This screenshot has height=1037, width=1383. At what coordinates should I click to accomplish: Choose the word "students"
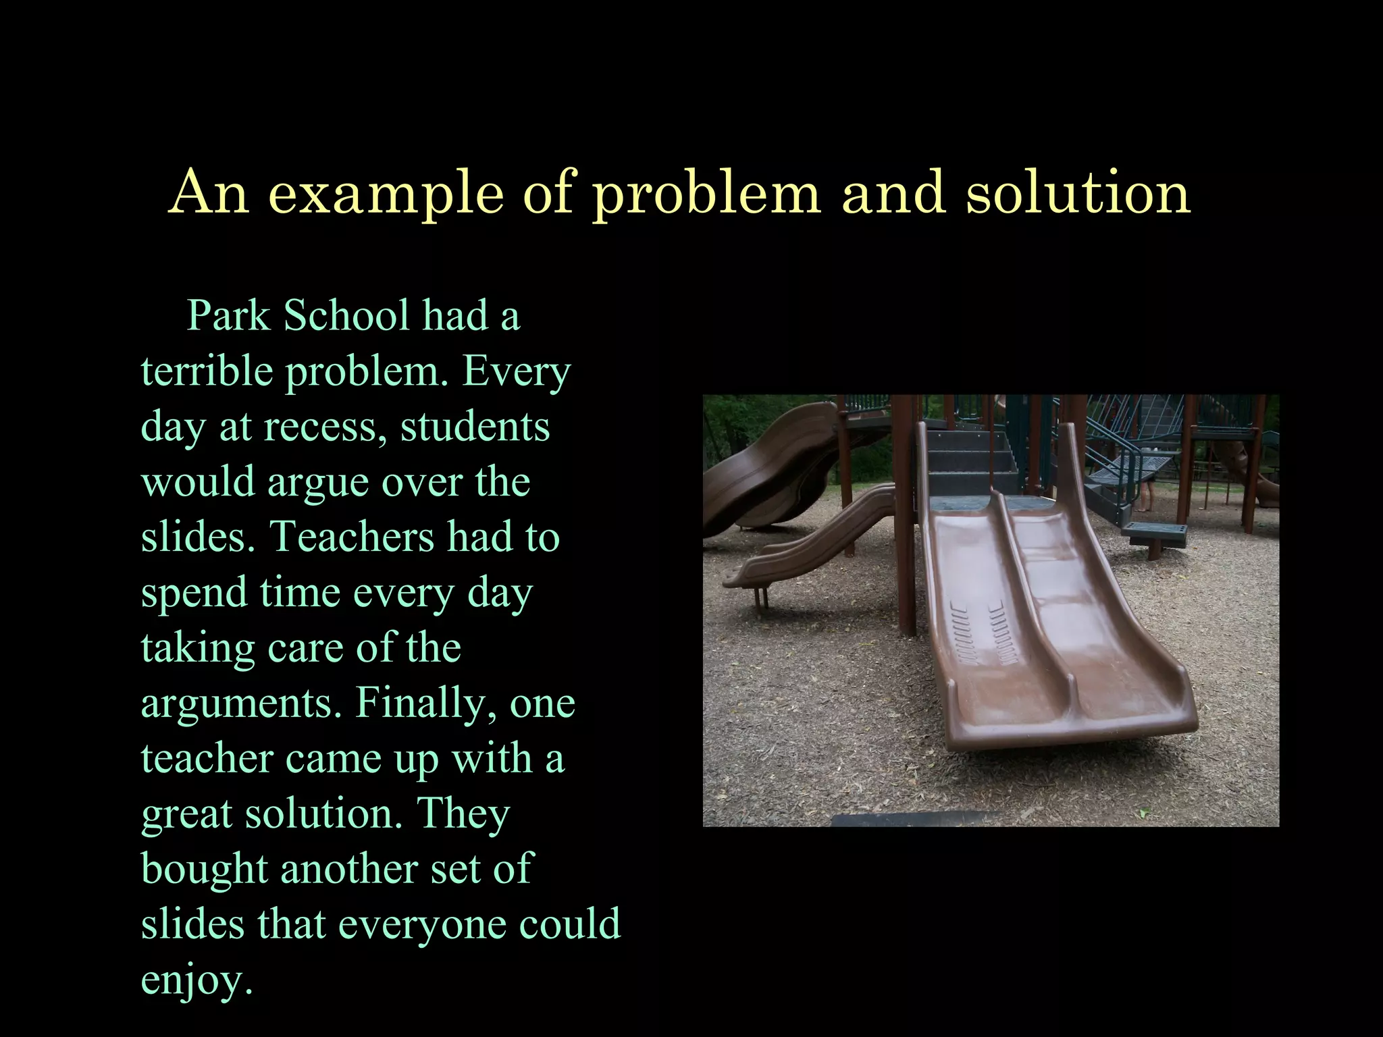tap(475, 427)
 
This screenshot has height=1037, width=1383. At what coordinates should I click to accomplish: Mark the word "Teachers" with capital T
tap(351, 537)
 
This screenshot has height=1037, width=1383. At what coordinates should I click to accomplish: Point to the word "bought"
tap(204, 869)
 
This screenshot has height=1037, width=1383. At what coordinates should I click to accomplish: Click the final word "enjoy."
tap(197, 980)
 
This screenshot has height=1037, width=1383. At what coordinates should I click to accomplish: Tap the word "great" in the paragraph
tap(186, 814)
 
